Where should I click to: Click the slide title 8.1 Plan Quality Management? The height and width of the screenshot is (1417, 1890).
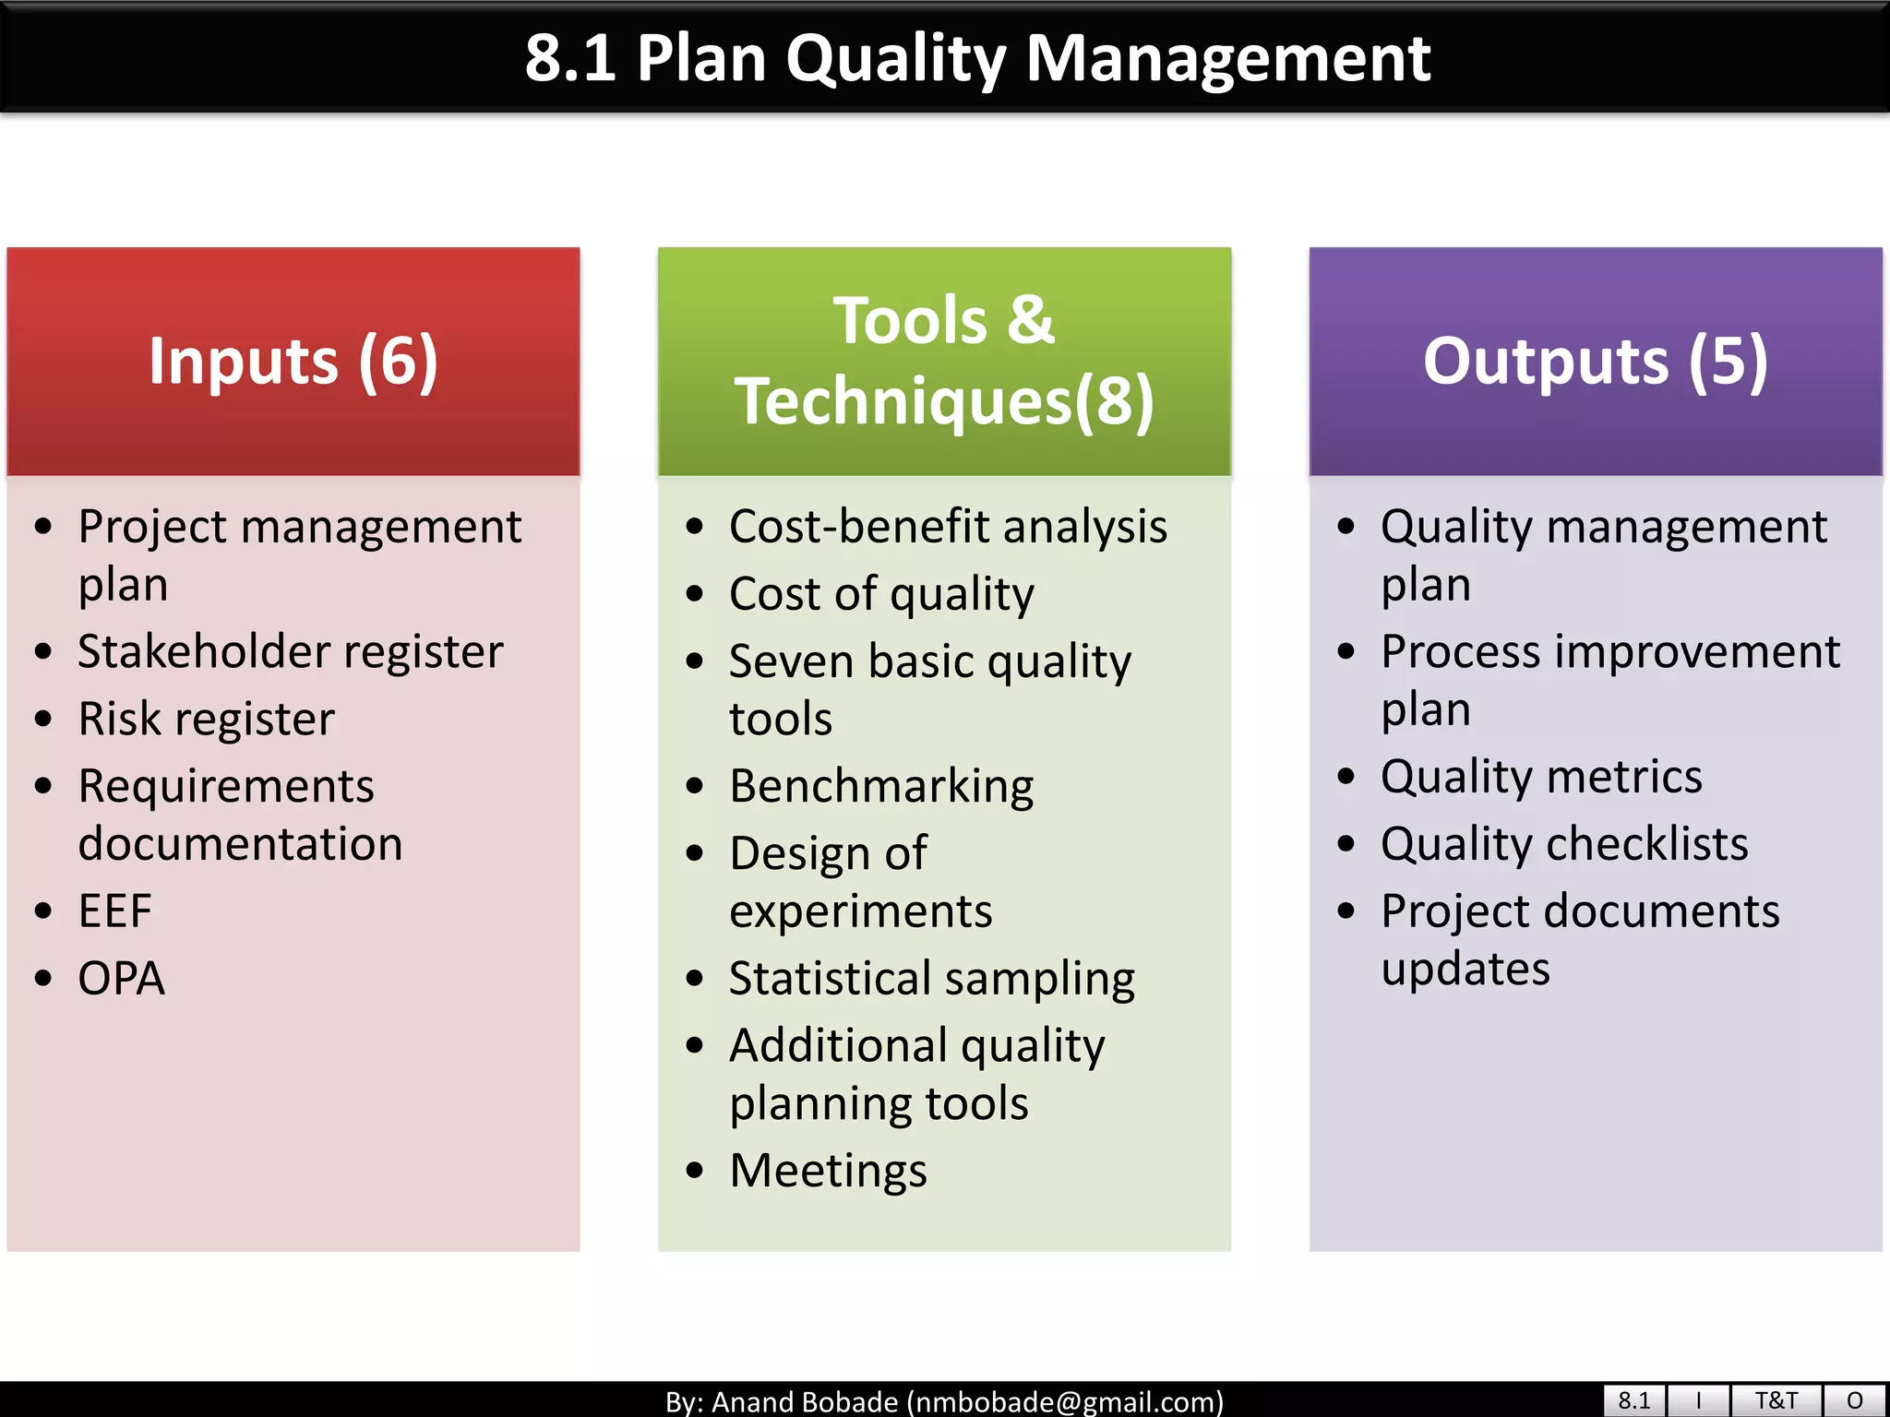click(976, 58)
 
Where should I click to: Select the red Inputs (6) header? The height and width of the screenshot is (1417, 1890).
click(293, 361)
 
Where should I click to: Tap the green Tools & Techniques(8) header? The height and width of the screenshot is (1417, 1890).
click(944, 361)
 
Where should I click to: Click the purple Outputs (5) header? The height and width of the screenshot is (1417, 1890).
click(1595, 361)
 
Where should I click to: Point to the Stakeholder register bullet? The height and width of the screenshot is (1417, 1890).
click(290, 651)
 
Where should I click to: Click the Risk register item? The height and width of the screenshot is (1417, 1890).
click(206, 719)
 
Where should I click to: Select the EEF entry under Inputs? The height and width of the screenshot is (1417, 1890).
click(114, 911)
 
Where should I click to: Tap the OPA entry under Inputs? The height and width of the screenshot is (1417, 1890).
click(121, 979)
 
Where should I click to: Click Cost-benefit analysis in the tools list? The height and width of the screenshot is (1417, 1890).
click(948, 527)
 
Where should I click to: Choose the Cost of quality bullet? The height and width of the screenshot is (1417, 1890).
click(881, 594)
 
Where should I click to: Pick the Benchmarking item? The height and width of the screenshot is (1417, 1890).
click(881, 787)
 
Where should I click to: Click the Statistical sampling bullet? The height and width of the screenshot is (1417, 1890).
click(931, 979)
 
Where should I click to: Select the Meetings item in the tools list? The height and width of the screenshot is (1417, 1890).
click(828, 1171)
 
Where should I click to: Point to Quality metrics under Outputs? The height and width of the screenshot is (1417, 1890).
click(1541, 777)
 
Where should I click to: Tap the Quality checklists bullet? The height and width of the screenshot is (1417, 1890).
click(1564, 844)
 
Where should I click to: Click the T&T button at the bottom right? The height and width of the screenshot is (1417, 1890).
click(1776, 1400)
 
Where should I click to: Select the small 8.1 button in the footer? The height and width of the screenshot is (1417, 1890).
click(1633, 1400)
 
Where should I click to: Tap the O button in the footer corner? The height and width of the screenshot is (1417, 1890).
click(1855, 1400)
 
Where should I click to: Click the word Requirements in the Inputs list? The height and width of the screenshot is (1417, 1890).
click(226, 787)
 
